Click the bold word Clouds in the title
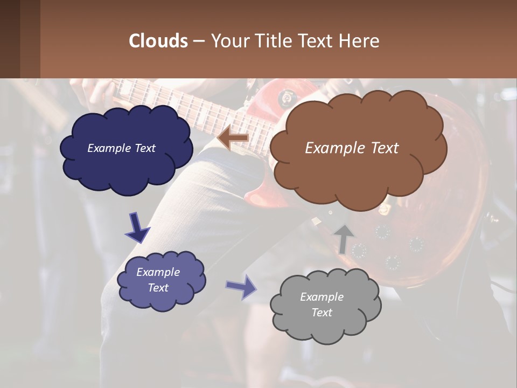coord(158,40)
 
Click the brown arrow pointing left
coord(233,139)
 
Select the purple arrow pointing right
coord(241,287)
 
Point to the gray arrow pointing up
coord(344,239)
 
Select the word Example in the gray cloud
coord(322,297)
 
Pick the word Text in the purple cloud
coord(158,288)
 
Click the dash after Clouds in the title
coord(198,41)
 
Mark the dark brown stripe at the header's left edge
coord(10,39)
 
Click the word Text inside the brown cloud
coord(384,148)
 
